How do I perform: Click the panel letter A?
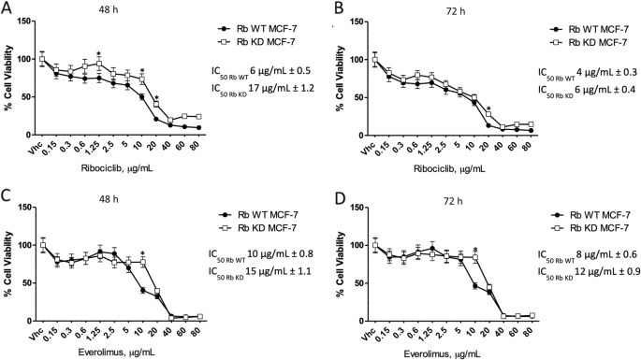click(7, 7)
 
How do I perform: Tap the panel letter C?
click(7, 195)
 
